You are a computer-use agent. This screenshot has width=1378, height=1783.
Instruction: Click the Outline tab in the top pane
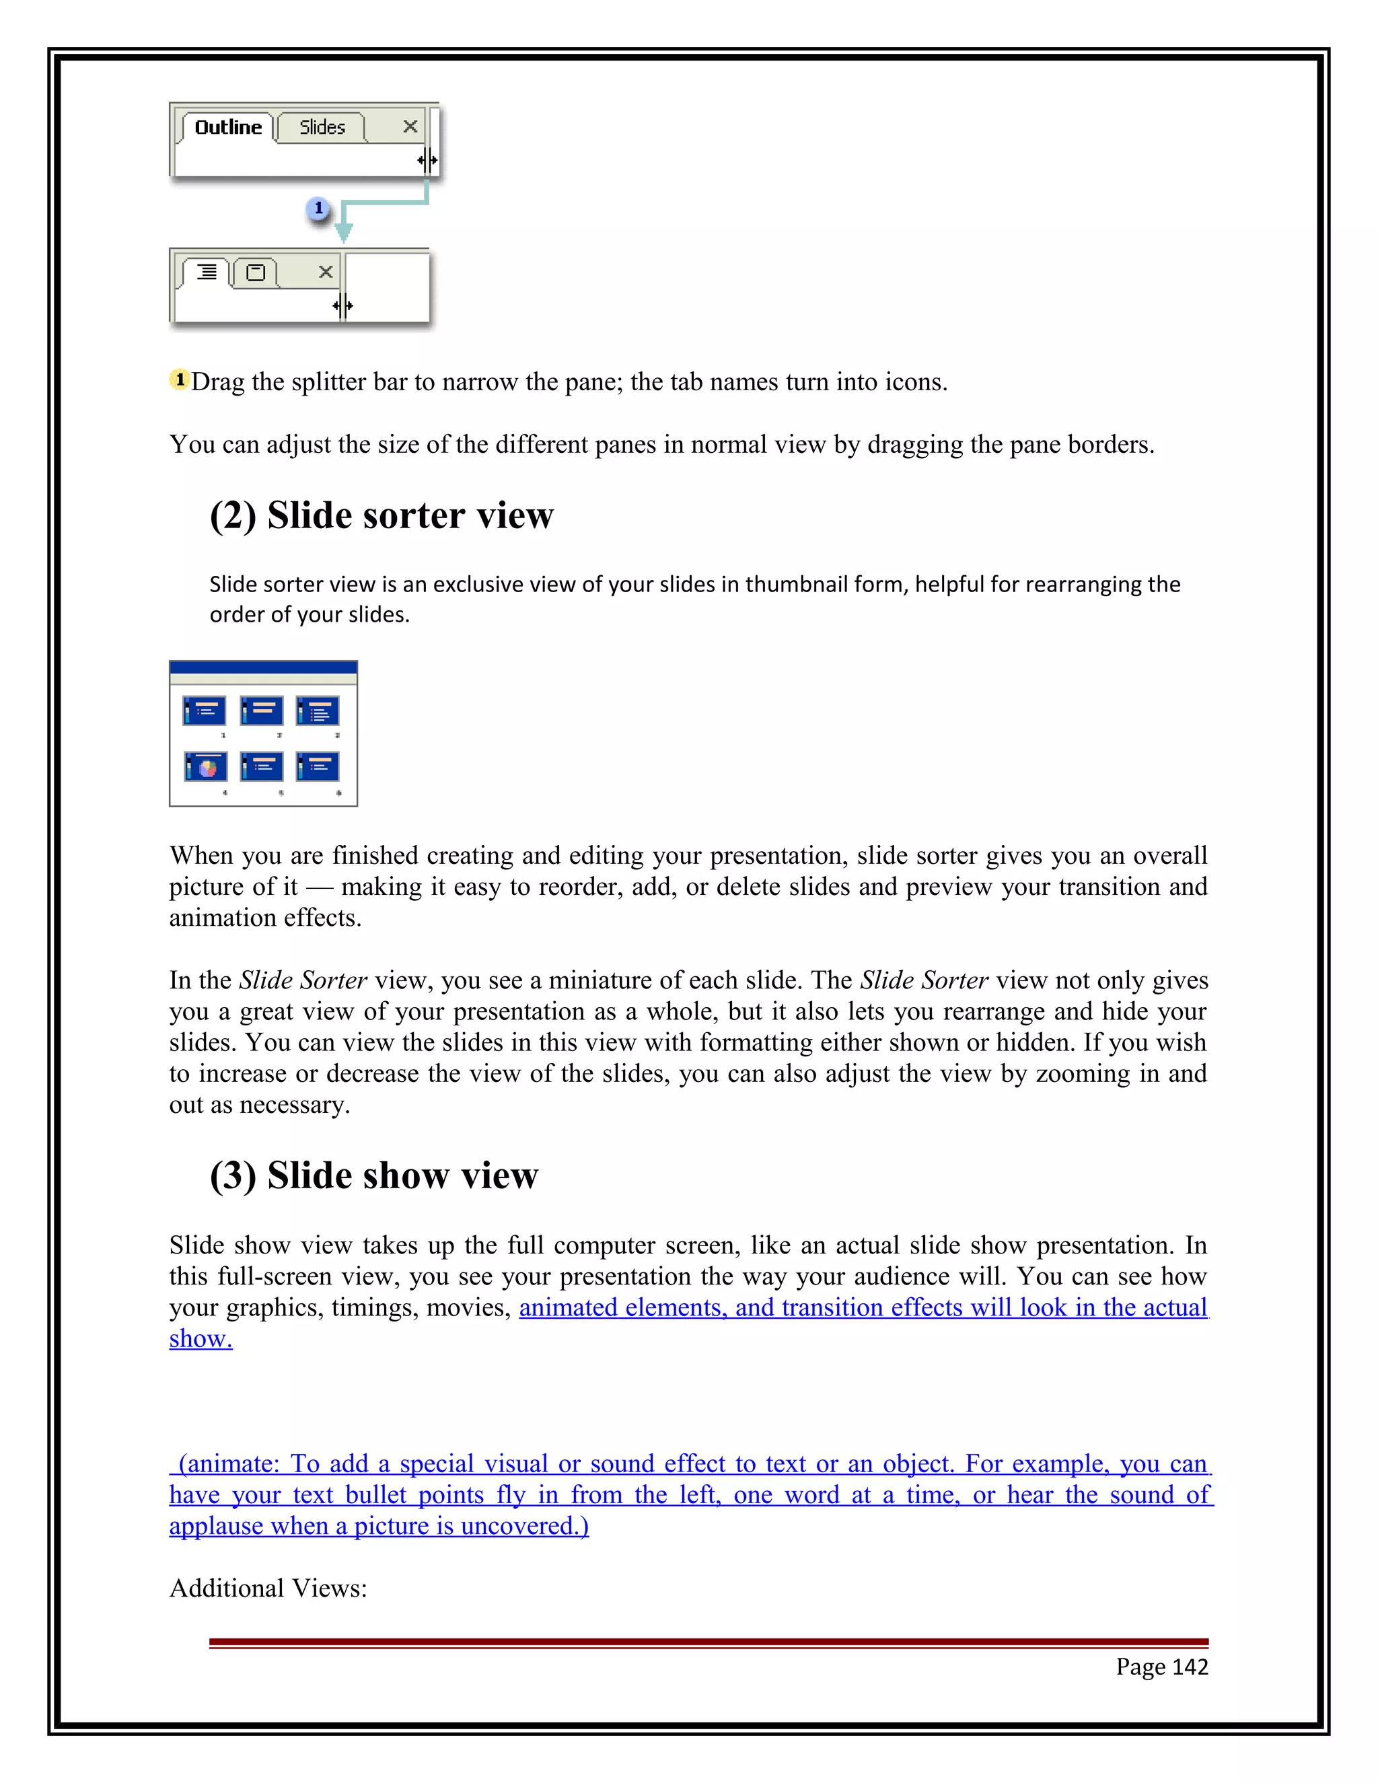pos(228,127)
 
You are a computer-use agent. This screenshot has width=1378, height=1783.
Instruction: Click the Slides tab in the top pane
pos(322,127)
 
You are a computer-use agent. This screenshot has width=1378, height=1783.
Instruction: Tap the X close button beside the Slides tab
pos(410,126)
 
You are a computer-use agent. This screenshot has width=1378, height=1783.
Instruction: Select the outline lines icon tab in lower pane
pos(207,272)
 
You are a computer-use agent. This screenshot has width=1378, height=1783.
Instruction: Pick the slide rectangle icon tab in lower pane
pos(256,272)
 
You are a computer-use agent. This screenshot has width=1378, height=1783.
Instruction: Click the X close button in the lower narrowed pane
pos(325,272)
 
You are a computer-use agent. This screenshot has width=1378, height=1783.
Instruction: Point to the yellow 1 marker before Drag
pos(180,379)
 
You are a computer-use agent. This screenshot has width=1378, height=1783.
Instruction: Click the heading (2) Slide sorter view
pos(382,515)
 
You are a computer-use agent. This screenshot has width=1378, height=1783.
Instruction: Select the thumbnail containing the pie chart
pos(206,766)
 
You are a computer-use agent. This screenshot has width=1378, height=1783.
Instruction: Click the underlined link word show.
pos(200,1339)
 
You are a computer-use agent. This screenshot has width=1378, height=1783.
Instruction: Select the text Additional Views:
pos(268,1588)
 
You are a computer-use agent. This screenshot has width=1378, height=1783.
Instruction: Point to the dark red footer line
pos(708,1642)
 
